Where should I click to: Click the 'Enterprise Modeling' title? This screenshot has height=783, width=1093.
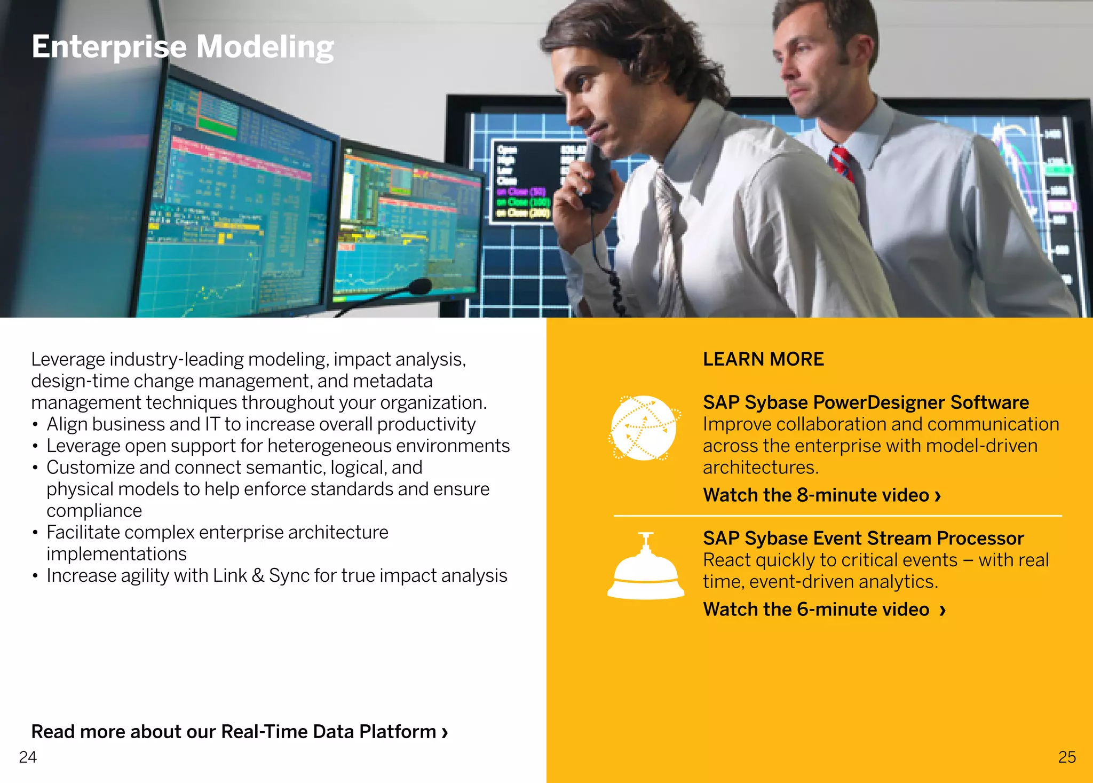tap(183, 47)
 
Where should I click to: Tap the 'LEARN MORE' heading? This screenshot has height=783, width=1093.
tap(763, 359)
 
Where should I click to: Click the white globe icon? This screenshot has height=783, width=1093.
tap(644, 428)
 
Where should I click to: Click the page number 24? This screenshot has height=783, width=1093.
tap(28, 757)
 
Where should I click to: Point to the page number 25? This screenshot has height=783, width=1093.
tap(1067, 757)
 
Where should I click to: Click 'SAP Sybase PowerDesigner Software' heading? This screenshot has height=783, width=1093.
tap(866, 402)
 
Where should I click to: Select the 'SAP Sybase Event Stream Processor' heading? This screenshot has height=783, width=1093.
tap(863, 538)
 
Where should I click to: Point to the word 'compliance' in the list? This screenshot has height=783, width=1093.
tap(94, 511)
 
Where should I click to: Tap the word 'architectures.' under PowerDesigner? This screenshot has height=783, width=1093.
tap(761, 468)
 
